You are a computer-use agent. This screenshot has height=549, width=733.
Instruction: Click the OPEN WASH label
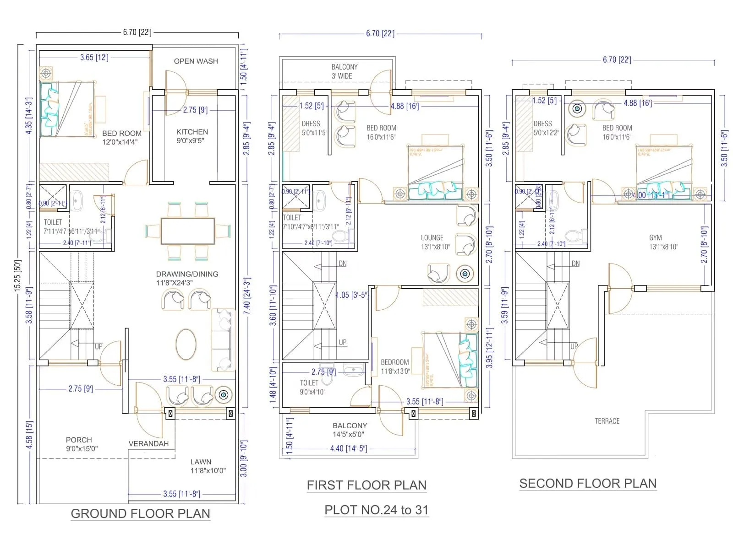coord(196,61)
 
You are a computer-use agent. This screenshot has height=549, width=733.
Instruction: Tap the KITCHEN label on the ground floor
coord(192,132)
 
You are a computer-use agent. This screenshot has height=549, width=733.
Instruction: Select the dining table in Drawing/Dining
coord(188,231)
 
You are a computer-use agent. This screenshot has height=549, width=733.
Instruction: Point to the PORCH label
coord(79,440)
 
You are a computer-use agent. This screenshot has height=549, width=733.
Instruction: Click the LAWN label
coord(201,462)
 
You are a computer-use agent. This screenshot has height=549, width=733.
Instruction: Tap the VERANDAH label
coord(148,444)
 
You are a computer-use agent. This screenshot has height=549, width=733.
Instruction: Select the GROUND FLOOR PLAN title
coord(140,514)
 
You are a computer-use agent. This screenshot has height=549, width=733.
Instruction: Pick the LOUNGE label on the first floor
coord(432,238)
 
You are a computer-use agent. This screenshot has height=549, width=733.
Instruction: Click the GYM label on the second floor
coord(655,238)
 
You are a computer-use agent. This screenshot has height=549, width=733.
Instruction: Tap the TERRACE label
coord(607,421)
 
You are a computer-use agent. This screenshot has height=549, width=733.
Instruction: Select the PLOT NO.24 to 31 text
coord(376,510)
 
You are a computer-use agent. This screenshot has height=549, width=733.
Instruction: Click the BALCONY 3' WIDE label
coord(344,71)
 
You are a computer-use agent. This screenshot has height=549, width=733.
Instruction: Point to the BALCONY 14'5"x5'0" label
coord(350,430)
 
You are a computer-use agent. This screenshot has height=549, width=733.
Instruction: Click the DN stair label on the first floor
coord(343,264)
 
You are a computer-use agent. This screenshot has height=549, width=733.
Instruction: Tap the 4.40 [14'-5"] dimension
coord(348,449)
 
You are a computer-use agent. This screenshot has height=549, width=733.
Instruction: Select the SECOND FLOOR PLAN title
coord(588,484)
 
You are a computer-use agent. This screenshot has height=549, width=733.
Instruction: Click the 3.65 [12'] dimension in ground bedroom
coord(94,58)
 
